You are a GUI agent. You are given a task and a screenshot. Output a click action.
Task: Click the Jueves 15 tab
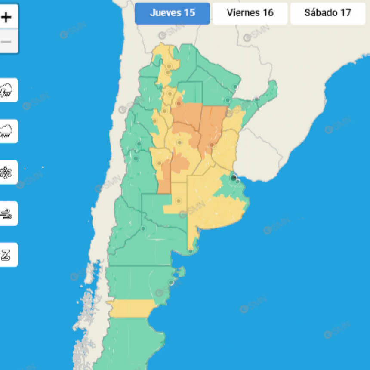click(172, 13)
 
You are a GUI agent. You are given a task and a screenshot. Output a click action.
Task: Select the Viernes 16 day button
click(250, 13)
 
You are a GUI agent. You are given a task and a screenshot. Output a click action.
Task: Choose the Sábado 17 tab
click(327, 13)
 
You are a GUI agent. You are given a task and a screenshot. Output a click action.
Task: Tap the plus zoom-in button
click(6, 18)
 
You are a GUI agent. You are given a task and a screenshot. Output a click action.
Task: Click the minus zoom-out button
click(6, 42)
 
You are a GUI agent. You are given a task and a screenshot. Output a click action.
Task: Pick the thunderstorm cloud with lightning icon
click(6, 90)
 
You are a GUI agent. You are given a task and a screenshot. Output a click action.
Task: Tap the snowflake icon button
click(6, 173)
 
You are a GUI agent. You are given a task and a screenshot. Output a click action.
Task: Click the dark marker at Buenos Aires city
click(233, 178)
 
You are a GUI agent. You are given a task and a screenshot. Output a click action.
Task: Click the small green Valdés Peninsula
click(182, 271)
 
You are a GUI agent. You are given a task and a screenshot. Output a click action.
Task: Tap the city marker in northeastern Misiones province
click(256, 99)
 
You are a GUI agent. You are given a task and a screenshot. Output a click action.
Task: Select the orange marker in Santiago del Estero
click(179, 103)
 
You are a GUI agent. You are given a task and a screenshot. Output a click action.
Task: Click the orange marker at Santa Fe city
click(212, 145)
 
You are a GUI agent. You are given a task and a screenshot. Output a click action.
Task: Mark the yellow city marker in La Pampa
click(178, 200)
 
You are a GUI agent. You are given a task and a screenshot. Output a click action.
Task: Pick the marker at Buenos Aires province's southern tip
click(190, 251)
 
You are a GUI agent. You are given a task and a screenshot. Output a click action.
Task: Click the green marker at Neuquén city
click(143, 228)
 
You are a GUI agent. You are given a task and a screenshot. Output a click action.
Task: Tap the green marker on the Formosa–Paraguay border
click(235, 87)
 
